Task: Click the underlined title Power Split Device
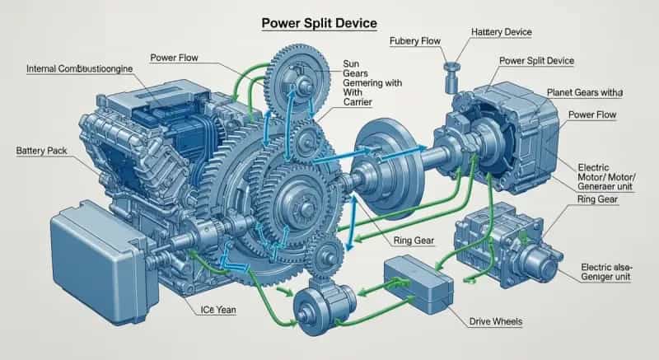pos(320,23)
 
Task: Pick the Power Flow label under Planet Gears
pos(586,115)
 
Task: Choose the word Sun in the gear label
pos(351,62)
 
